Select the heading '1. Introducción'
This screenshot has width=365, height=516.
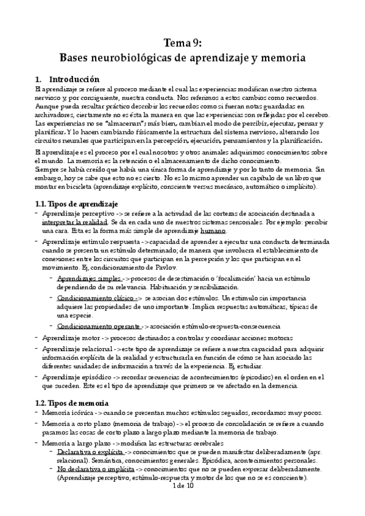point(63,79)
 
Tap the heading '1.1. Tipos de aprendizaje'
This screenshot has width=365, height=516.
point(76,203)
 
